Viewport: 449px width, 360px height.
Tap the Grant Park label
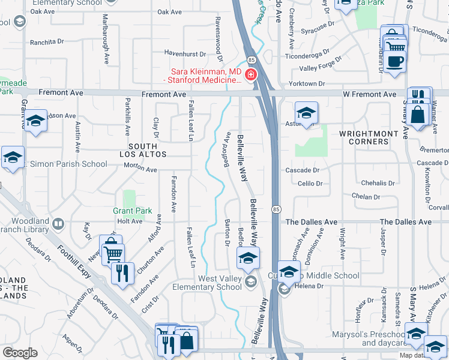(132, 211)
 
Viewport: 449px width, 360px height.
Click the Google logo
(20, 352)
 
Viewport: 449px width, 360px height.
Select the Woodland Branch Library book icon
(58, 224)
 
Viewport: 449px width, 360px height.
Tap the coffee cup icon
(395, 61)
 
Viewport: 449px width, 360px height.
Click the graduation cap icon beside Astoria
(306, 113)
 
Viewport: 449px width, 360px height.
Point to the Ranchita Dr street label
(46, 42)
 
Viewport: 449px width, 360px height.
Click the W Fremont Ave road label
(370, 94)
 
